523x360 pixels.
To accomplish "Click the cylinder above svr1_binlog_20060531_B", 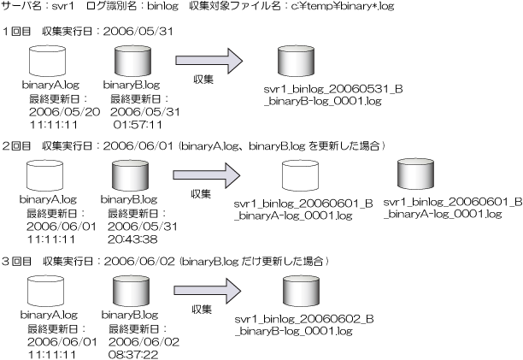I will pos(297,62).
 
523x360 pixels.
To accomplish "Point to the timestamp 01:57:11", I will pos(138,124).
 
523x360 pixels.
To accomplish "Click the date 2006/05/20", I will pos(63,112).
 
